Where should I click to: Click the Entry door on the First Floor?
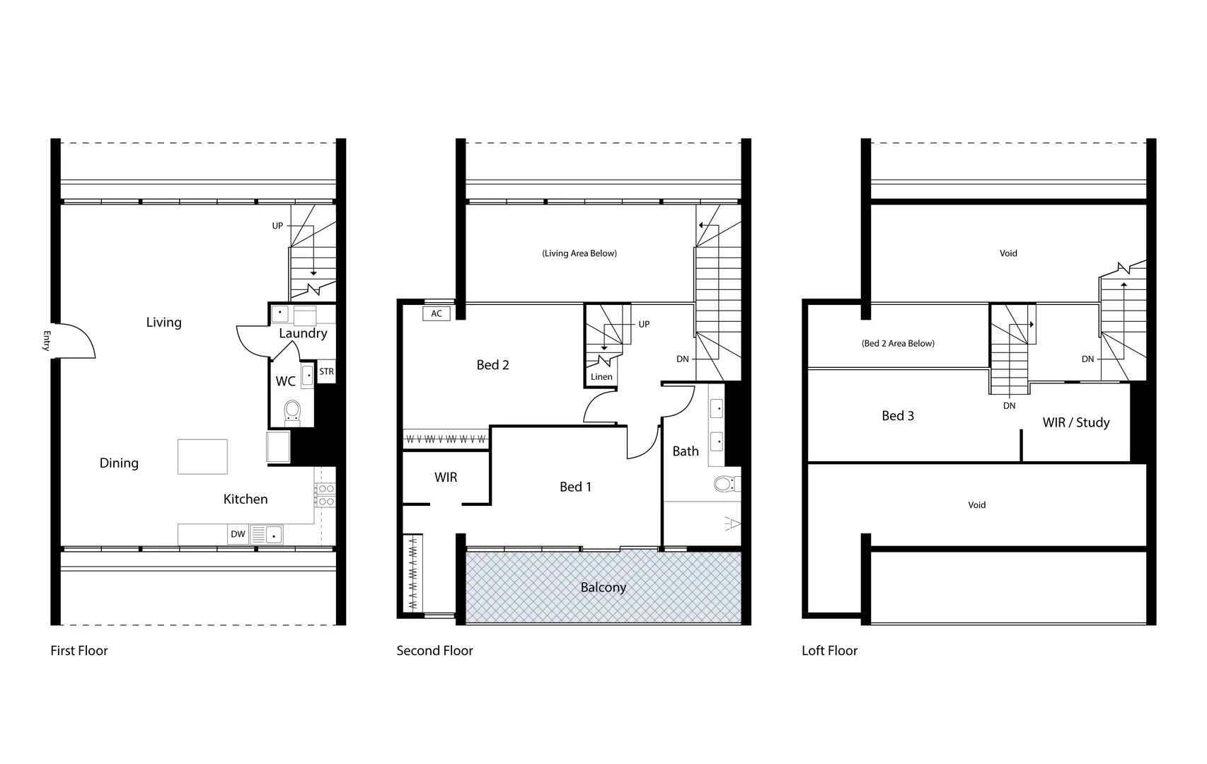(x=74, y=340)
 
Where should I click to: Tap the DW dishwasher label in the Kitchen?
(x=238, y=534)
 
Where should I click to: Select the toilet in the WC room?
(x=292, y=412)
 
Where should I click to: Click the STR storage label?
(x=326, y=371)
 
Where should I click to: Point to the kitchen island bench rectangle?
(x=202, y=456)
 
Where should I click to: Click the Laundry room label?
(x=303, y=333)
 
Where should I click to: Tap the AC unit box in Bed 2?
(x=437, y=313)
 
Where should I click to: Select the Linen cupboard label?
(x=601, y=377)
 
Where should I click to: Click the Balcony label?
(x=603, y=587)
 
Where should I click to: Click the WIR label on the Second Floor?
(x=446, y=477)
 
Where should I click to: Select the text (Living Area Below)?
(x=579, y=253)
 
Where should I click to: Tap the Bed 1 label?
(x=575, y=487)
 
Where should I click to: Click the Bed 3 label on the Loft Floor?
(x=898, y=416)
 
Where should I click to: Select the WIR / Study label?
(x=1076, y=422)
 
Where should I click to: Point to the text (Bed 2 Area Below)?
(x=898, y=344)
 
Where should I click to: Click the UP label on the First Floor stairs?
(x=277, y=226)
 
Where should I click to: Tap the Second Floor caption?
(x=434, y=651)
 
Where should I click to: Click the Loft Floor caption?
(x=829, y=651)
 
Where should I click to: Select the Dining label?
(x=119, y=463)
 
